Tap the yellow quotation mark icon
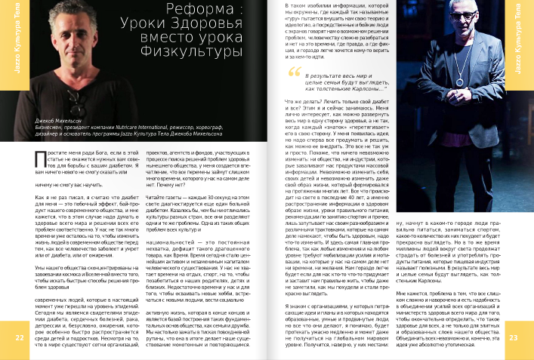click(295, 72)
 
